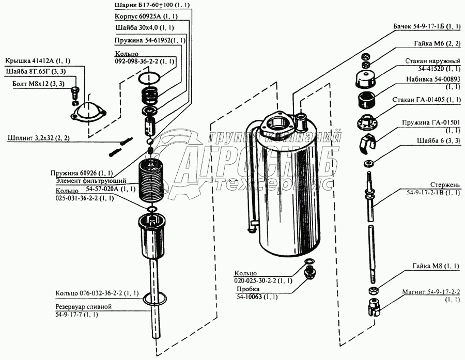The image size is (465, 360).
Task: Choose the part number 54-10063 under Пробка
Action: (x=249, y=296)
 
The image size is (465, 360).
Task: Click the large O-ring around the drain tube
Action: (x=154, y=299)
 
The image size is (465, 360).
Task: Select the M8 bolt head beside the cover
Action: (x=75, y=91)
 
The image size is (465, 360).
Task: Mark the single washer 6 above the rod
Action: (x=368, y=163)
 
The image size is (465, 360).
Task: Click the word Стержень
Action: (x=445, y=185)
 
